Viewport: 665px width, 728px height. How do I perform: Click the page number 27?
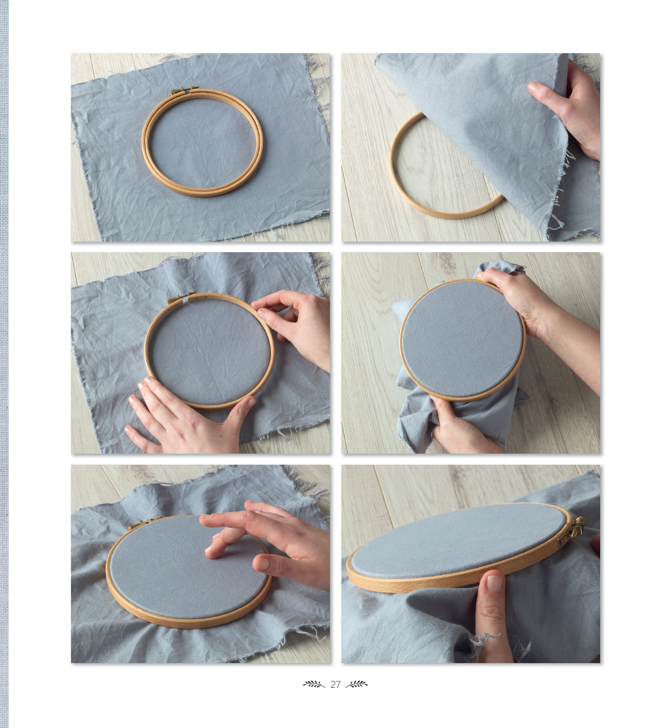coord(335,684)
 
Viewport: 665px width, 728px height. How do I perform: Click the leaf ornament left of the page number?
coord(314,684)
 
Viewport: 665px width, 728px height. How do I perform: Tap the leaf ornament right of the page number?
coord(357,684)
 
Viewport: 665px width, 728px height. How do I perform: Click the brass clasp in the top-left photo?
coord(183,91)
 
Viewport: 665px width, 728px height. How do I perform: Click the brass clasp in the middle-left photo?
coord(181,298)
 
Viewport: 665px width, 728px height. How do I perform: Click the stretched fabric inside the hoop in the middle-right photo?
coord(462,339)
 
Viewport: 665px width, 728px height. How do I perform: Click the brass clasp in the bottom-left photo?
coord(144,523)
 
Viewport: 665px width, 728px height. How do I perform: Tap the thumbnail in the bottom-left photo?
coord(262,563)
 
